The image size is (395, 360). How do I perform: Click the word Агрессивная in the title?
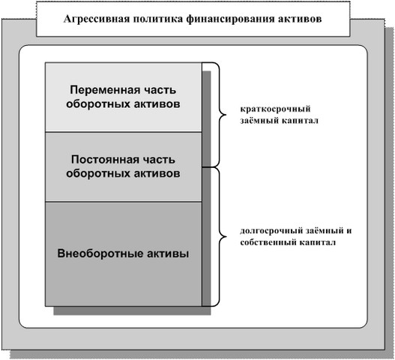coord(96,19)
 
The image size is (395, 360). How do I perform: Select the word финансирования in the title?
coord(230,19)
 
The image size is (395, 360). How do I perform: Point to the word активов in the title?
coord(300,19)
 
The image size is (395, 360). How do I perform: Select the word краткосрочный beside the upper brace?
coord(275,109)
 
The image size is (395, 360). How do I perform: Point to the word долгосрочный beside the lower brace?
coord(271,231)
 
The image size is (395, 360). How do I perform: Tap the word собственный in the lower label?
coord(268,242)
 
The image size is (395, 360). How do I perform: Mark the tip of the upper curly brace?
coord(226,115)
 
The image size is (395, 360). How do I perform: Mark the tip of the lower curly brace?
coord(226,236)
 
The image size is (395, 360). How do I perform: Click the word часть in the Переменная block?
coord(160,90)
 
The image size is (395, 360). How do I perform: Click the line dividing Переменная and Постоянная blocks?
coord(124,132)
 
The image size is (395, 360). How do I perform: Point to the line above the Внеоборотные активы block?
coord(124,202)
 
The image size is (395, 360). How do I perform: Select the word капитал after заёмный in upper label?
coord(300,121)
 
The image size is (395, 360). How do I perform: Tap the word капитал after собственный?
coord(318,242)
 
